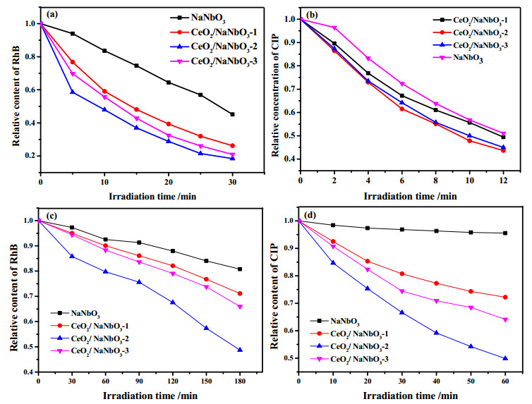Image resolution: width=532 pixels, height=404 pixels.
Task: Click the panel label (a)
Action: pos(53,14)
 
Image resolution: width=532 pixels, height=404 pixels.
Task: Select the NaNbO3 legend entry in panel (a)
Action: pos(198,18)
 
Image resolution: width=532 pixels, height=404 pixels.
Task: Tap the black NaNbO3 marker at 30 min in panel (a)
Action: pos(232,114)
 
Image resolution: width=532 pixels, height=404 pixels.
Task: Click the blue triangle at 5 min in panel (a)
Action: pos(72,92)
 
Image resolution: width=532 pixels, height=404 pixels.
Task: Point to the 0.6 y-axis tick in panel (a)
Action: pos(31,90)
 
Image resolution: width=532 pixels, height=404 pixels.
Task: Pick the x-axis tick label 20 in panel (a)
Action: pos(169,182)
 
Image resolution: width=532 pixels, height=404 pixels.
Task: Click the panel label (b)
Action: pos(311,15)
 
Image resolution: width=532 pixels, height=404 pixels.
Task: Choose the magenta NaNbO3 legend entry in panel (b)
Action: pos(458,58)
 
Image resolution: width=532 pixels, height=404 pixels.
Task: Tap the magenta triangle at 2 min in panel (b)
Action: pos(334,27)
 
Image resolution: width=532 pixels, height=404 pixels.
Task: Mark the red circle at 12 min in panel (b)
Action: pos(503,150)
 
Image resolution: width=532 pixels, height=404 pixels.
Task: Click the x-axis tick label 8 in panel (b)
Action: pos(435,180)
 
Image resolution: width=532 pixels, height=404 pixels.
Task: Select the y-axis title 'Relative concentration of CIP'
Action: pos(275,95)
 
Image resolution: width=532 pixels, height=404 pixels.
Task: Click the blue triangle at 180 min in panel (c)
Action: pos(240,350)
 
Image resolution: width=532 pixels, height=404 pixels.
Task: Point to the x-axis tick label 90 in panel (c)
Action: pos(139,381)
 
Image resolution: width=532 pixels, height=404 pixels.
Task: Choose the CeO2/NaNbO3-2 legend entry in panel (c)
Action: pos(90,339)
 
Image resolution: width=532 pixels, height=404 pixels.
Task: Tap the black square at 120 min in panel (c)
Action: pos(173,251)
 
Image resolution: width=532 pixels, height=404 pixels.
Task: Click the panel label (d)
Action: pos(310,216)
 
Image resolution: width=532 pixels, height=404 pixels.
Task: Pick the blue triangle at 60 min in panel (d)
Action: pos(505,358)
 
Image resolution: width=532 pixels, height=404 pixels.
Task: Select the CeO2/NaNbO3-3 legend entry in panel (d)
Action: pos(349,360)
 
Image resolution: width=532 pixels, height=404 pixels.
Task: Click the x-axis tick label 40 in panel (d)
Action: pos(436,381)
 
